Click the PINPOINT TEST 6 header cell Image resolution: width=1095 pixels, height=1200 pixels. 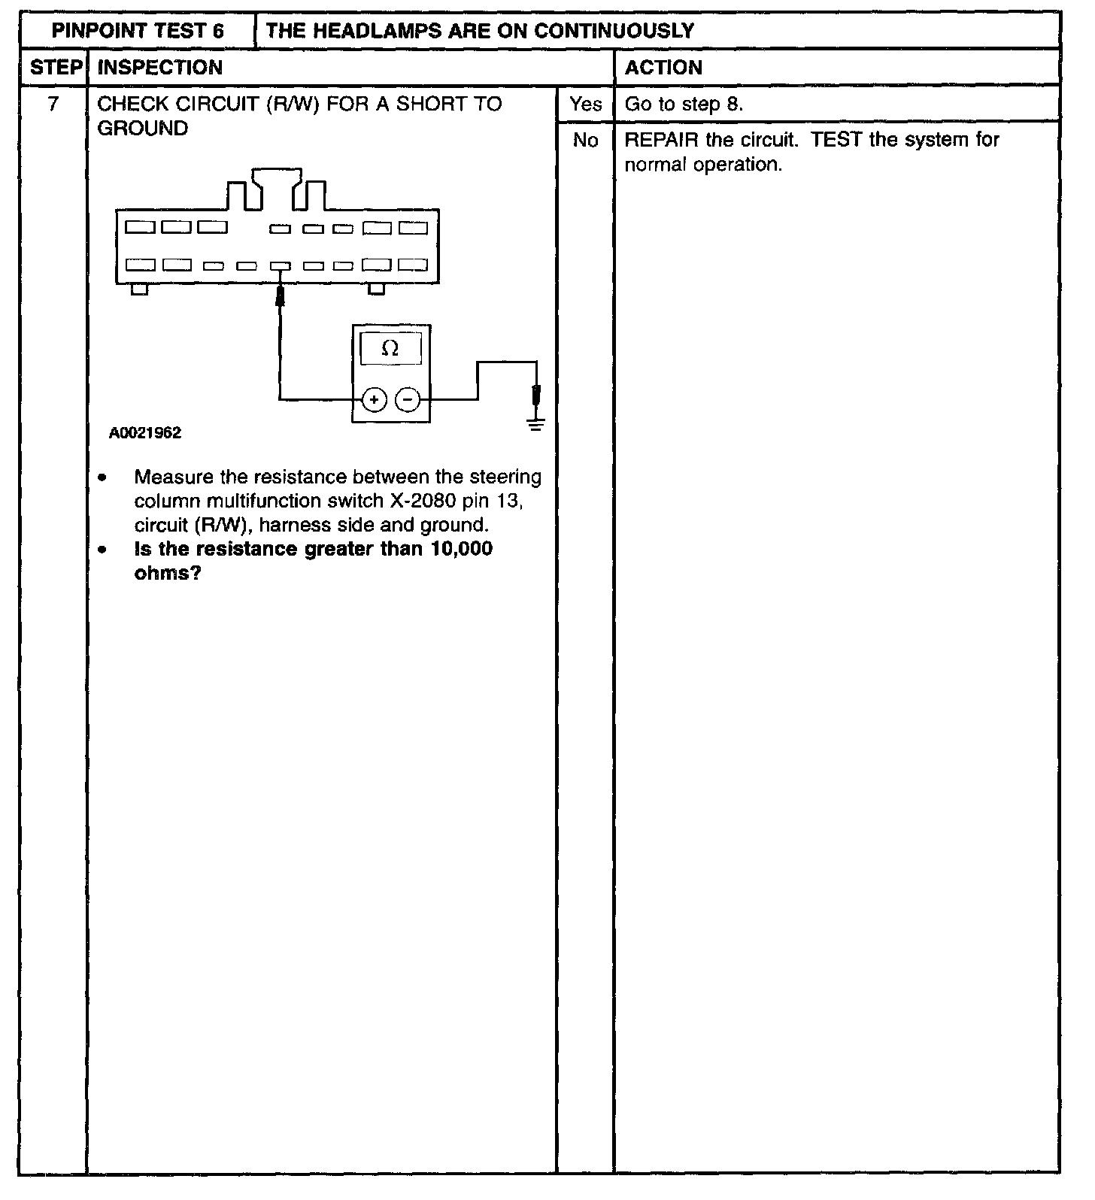coord(138,31)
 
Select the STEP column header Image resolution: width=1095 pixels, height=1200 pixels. coord(55,68)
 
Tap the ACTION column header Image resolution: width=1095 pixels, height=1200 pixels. coord(663,68)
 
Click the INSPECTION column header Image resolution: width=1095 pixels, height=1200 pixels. coord(160,68)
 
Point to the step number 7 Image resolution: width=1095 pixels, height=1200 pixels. coord(53,104)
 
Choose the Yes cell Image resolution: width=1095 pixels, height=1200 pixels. coord(585,104)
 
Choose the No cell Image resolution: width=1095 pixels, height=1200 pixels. coord(585,141)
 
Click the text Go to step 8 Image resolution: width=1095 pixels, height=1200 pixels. coord(684,105)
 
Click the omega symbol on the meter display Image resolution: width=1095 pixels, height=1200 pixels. coord(390,348)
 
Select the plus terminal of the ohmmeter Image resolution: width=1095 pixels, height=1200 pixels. coord(375,399)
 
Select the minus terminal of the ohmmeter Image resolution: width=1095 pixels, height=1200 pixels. coord(408,399)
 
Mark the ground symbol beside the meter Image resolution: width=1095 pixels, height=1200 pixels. coord(536,425)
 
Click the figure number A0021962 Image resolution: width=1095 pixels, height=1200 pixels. coord(145,434)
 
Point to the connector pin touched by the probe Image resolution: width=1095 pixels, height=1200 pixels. coord(281,265)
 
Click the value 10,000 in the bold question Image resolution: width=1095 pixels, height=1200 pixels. coord(462,550)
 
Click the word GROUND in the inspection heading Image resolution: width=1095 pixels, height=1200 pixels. coord(143,129)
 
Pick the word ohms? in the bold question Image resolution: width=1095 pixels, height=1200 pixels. coord(168,574)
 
